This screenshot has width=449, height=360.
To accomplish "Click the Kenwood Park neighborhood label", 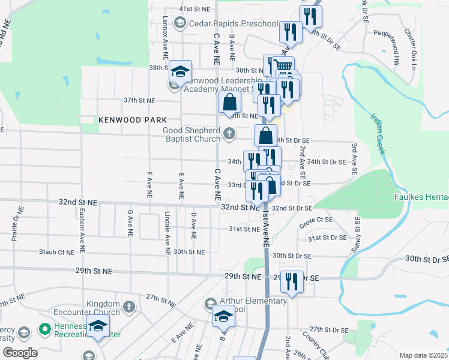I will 133,120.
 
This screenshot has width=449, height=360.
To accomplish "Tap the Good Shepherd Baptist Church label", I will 191,135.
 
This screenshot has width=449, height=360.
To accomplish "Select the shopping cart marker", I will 283,66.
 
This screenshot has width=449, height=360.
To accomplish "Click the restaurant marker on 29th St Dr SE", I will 292,281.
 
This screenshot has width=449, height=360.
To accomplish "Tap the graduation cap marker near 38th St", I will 179,71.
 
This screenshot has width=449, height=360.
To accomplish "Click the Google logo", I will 19,353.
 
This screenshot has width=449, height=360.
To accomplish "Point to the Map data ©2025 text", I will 423,355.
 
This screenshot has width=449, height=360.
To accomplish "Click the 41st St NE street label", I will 195,10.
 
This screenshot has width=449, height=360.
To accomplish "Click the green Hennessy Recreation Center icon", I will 44,329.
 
